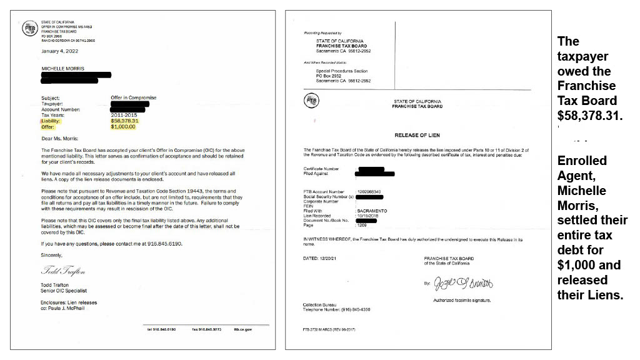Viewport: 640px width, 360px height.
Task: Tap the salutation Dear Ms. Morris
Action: pyautogui.click(x=60, y=138)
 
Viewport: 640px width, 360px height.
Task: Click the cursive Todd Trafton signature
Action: pyautogui.click(x=63, y=271)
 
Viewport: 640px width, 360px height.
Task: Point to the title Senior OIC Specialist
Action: pyautogui.click(x=64, y=291)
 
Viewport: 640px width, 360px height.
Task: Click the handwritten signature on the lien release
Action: pyautogui.click(x=463, y=284)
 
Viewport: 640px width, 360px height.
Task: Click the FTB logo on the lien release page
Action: pyautogui.click(x=311, y=101)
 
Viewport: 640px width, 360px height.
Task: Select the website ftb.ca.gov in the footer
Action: pyautogui.click(x=242, y=329)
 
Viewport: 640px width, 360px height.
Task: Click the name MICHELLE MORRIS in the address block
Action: pyautogui.click(x=62, y=69)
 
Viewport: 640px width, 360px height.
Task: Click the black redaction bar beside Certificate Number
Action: pyautogui.click(x=371, y=169)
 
